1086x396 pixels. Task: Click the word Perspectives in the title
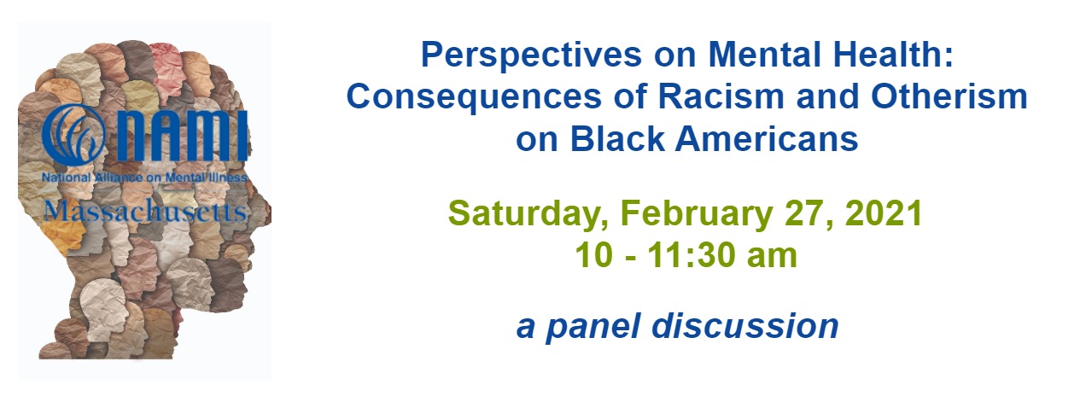tap(531, 55)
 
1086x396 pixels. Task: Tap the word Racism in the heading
tap(721, 96)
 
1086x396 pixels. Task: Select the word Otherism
tap(949, 96)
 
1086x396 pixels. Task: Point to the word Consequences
tap(474, 97)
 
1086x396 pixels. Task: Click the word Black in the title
tap(616, 138)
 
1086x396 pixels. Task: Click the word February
tap(697, 215)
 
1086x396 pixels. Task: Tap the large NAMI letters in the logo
tap(183, 136)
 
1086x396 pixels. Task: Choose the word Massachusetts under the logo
tap(145, 212)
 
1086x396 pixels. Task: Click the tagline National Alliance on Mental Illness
tap(144, 178)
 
